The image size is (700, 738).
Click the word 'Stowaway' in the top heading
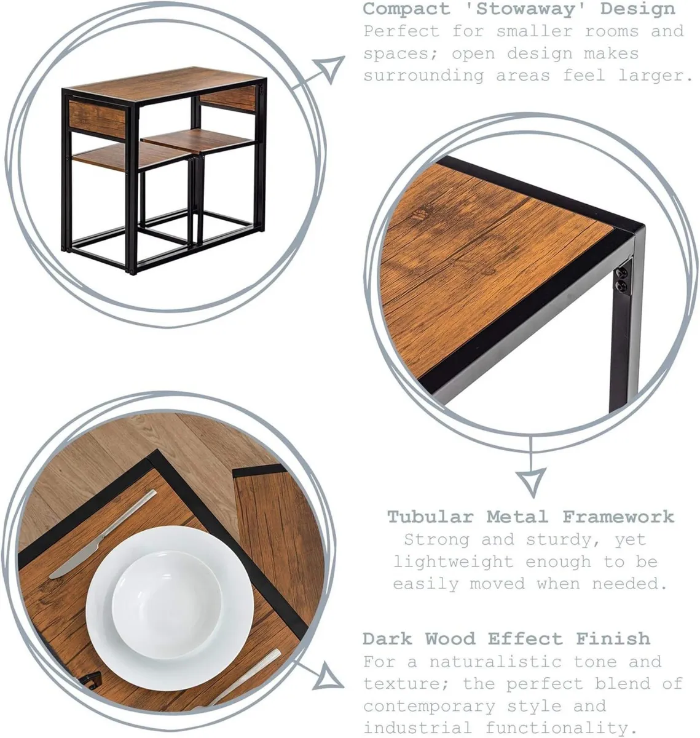click(525, 9)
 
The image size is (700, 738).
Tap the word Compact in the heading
click(407, 9)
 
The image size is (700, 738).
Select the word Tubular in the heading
click(431, 517)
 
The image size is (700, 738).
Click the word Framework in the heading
click(618, 517)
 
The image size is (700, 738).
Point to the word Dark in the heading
click(388, 638)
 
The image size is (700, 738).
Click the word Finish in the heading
click(613, 638)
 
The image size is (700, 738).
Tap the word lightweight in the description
click(453, 562)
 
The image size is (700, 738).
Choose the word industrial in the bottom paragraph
click(417, 728)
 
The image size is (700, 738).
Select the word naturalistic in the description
click(495, 661)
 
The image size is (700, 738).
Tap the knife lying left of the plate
click(103, 534)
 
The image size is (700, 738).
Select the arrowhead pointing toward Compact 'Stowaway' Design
click(330, 69)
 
